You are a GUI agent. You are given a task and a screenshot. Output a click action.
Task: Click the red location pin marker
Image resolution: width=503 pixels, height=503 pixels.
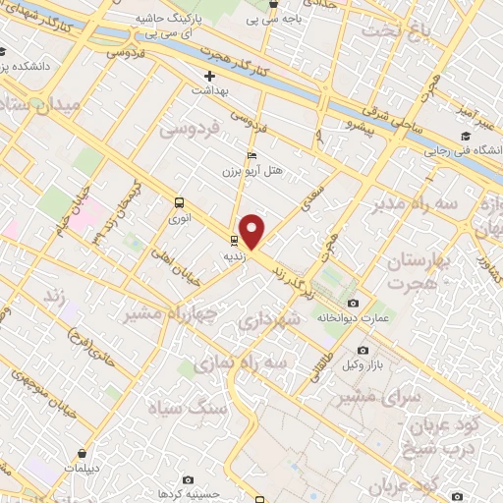(x=252, y=231)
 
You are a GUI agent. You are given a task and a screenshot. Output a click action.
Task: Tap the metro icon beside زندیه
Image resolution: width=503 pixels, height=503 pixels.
(x=234, y=240)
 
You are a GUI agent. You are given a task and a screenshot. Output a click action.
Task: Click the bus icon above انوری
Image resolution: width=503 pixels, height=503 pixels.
(x=179, y=202)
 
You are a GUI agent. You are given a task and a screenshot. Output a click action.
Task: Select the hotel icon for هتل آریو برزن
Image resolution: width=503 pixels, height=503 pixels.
(x=252, y=156)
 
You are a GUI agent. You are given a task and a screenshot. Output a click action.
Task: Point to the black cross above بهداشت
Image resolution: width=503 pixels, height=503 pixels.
(x=209, y=76)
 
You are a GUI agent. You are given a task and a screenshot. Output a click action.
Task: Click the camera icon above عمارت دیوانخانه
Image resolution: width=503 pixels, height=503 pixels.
(x=354, y=304)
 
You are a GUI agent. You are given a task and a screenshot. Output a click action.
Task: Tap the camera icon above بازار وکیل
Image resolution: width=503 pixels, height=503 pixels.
(x=363, y=351)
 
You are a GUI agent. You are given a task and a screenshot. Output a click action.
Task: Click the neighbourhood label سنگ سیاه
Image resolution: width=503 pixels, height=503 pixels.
(x=187, y=407)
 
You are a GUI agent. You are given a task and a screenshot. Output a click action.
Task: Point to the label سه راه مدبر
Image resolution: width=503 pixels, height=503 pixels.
(x=413, y=203)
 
